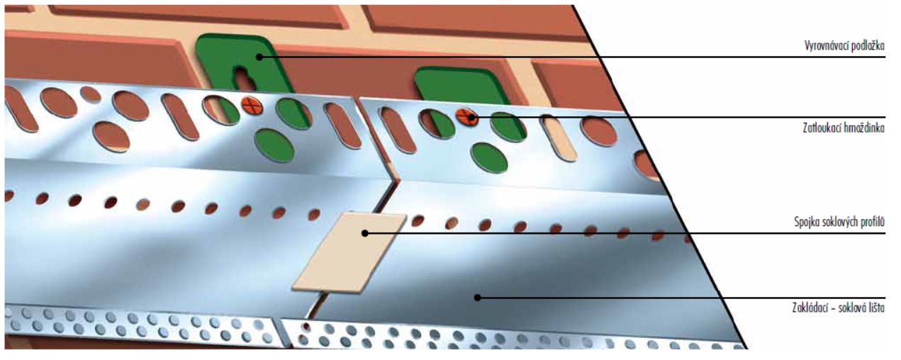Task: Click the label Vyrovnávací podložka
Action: [x=844, y=45]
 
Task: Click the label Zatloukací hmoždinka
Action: [x=844, y=128]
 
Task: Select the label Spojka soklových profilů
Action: [x=839, y=222]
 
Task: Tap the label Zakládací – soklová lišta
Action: [x=838, y=308]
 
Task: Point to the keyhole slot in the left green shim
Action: [x=244, y=78]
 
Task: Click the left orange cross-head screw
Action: [x=252, y=106]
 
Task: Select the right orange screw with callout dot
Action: [x=467, y=117]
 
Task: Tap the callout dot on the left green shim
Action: [x=259, y=57]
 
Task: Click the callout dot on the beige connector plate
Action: [x=365, y=233]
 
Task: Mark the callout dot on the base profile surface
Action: [x=478, y=298]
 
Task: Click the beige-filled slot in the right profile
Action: [x=559, y=138]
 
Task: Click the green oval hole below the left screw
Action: [x=274, y=145]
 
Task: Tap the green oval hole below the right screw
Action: [x=489, y=157]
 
